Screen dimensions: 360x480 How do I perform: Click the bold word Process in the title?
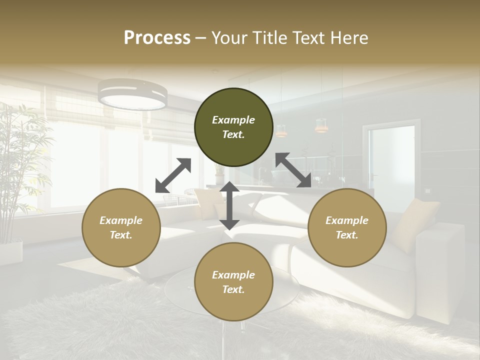coord(157,38)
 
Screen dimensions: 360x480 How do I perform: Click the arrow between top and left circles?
coord(173,175)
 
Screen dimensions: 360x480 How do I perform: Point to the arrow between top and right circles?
coord(293,170)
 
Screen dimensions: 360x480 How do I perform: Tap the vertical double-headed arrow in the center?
coord(229,205)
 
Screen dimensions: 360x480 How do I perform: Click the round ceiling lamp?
coord(132,94)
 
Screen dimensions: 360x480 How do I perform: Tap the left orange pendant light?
coord(281,131)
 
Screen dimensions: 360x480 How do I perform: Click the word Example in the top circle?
coord(233,120)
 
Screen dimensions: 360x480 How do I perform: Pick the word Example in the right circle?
coord(347,220)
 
